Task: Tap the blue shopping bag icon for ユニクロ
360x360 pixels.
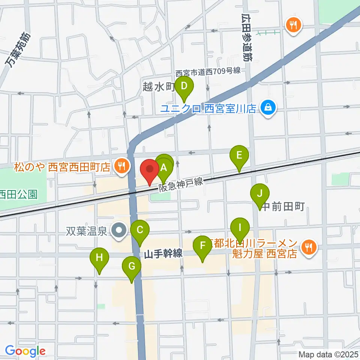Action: point(268,108)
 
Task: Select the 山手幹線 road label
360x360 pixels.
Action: point(163,254)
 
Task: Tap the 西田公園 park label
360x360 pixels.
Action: point(19,194)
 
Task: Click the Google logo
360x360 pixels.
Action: point(25,351)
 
